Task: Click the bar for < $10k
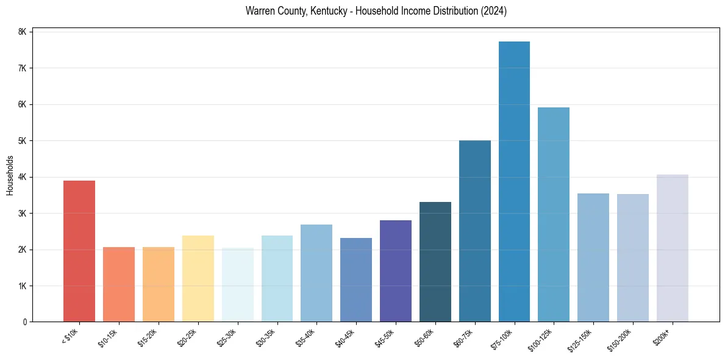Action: tap(79, 251)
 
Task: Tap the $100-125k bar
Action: tap(554, 214)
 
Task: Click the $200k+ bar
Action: tap(672, 248)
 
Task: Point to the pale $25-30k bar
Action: tap(237, 284)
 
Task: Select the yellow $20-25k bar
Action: tap(198, 278)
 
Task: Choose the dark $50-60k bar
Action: tap(435, 262)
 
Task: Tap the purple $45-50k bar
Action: tap(396, 271)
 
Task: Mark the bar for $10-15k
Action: tap(119, 284)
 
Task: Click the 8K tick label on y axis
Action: tap(22, 32)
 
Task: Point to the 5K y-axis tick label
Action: tap(22, 141)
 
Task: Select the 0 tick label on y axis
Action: tap(24, 322)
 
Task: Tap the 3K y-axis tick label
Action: tap(22, 214)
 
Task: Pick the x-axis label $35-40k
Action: tap(305, 336)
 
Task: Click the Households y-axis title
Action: tap(10, 175)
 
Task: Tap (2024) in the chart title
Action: tap(495, 11)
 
